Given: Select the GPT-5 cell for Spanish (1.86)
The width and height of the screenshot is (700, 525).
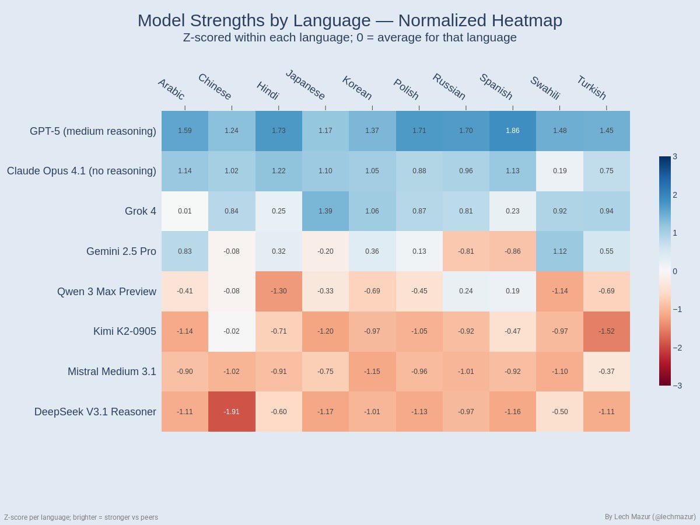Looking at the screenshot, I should [513, 131].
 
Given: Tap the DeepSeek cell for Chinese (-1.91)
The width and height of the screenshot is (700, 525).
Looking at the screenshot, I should [232, 411].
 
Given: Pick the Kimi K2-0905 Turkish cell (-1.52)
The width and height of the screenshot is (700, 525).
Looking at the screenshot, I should [606, 331].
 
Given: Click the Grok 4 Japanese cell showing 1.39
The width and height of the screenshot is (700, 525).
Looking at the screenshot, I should [325, 211].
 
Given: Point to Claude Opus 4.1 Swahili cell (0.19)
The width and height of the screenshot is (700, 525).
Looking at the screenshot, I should [559, 171].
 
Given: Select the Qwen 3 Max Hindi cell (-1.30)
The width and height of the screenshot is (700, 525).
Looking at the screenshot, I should [278, 291].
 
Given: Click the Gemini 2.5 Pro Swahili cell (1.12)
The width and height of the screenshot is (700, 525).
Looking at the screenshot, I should [559, 251].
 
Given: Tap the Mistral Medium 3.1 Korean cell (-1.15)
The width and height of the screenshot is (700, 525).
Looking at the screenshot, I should [372, 371].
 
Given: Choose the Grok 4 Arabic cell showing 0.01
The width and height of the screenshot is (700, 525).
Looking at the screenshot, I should [185, 211].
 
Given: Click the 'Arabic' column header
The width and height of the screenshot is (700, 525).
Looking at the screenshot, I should [171, 89].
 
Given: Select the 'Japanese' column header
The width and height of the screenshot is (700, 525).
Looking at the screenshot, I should [305, 85].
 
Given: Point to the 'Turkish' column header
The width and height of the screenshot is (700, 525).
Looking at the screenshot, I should [591, 88].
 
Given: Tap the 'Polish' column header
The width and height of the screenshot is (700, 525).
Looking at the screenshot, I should [406, 89].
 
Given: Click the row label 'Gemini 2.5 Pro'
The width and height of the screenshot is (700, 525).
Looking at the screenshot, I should [121, 251].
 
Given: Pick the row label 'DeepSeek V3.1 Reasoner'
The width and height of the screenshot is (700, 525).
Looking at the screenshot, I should [95, 412].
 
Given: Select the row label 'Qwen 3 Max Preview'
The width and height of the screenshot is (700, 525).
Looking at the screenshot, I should [107, 292].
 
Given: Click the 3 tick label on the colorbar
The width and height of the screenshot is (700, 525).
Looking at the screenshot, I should [675, 156].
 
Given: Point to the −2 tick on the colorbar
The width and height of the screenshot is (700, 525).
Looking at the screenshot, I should [677, 348].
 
